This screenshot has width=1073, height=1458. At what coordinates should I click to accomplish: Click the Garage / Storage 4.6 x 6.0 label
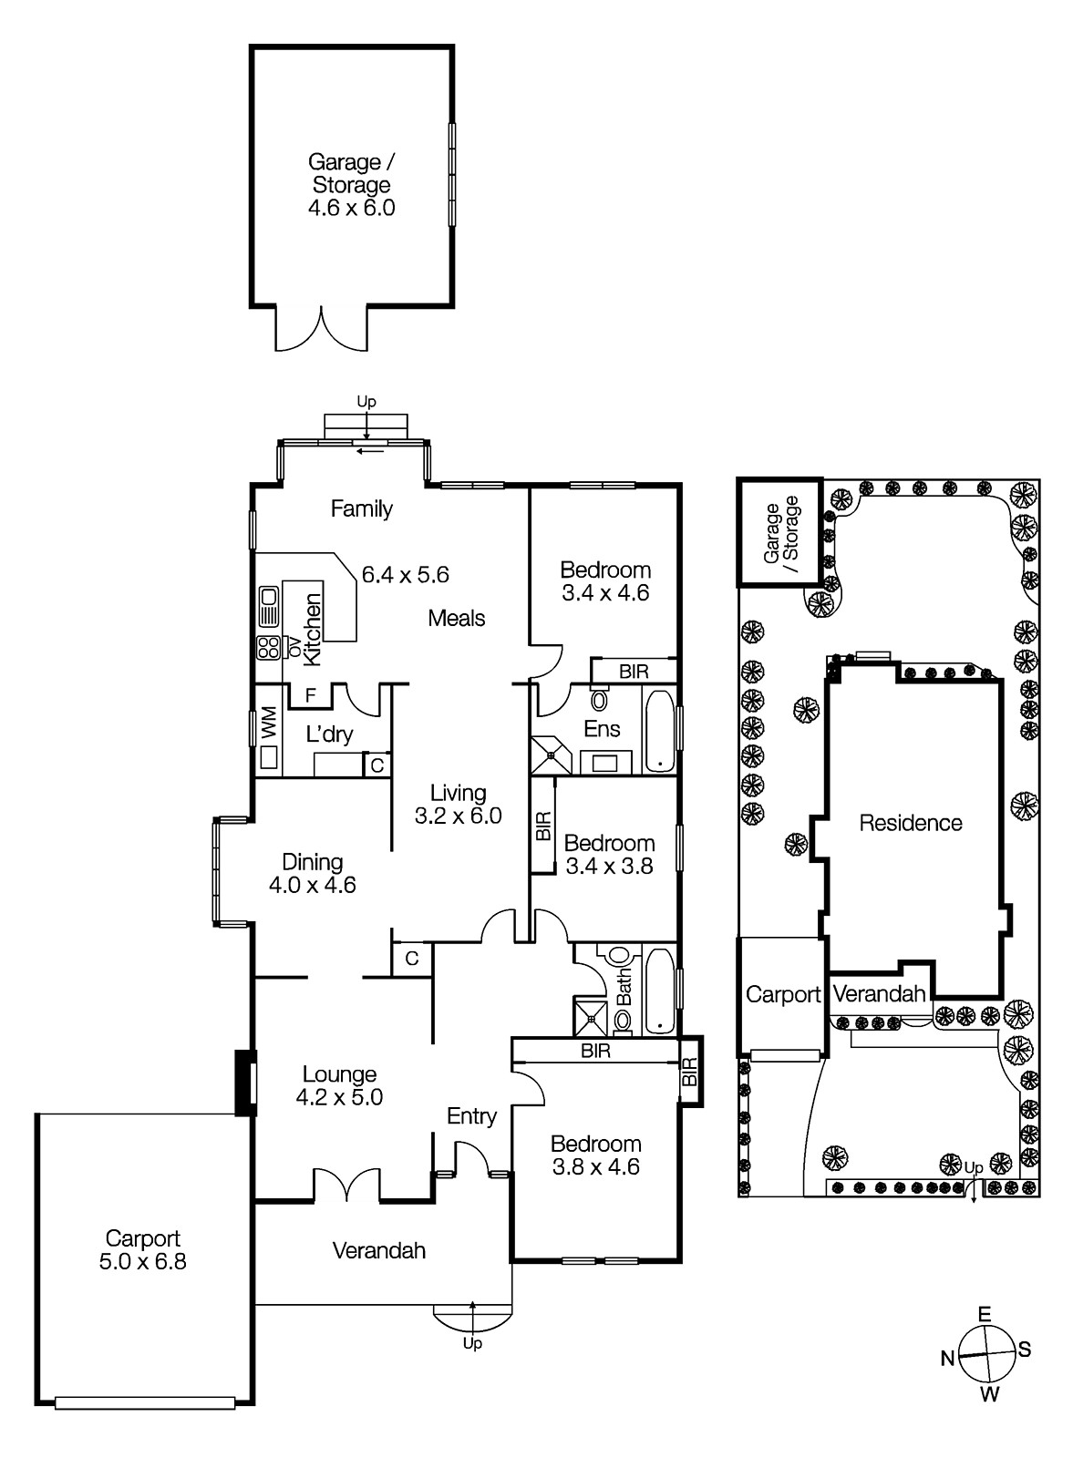pos(352,185)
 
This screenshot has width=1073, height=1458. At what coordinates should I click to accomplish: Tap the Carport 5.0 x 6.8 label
pos(143,1249)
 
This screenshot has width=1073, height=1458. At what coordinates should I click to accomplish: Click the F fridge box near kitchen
pos(310,695)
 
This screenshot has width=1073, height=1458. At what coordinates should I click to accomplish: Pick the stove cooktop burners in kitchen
pos(269,647)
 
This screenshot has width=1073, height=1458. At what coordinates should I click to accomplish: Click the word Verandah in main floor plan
pos(378,1250)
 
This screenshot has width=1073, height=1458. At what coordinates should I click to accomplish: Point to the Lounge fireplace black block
pos(245,1083)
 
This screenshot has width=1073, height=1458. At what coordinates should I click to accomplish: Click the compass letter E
pos(985,1314)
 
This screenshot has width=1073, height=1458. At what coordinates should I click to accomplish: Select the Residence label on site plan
pos(911,823)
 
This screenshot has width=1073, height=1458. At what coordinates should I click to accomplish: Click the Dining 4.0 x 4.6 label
pos(312,873)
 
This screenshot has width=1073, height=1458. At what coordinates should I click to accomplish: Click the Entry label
pos(471,1116)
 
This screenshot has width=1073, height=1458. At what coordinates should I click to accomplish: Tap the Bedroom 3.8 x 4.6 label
pos(595,1155)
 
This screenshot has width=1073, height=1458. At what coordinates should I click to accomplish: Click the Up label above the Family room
pos(366,401)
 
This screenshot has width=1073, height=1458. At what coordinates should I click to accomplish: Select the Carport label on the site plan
pos(783,994)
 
